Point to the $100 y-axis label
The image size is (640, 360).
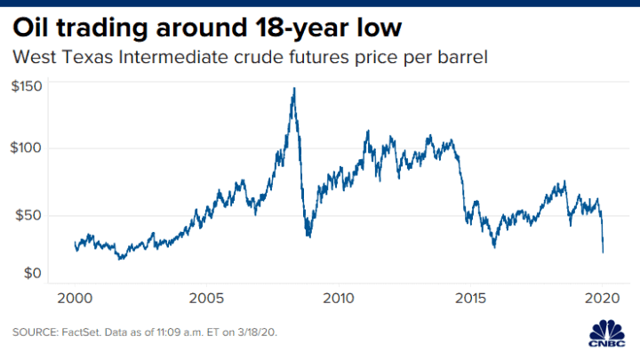(27, 148)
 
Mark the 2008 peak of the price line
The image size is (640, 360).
(293, 88)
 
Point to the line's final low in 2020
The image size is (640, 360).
(604, 252)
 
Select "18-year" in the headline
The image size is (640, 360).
(294, 28)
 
